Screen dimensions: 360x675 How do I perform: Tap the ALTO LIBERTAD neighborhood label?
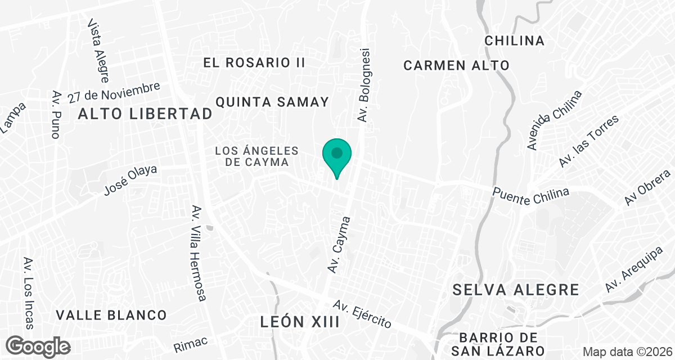145,114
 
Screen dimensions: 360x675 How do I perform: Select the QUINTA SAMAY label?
272,102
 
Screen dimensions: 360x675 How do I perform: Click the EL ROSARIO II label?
254,62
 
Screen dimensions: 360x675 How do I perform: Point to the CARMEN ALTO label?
456,65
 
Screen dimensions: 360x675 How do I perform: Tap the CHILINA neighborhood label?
514,41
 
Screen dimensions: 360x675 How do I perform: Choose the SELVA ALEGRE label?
515,290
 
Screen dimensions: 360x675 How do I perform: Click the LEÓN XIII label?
300,322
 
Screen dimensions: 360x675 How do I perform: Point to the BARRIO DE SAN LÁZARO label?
502,344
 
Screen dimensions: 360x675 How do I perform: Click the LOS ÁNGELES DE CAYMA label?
256,156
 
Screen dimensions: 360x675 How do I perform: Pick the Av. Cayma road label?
340,245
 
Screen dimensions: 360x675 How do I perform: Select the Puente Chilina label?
530,192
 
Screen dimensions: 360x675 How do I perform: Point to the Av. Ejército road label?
362,313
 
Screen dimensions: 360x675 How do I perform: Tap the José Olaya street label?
130,181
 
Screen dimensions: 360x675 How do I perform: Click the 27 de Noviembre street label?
114,93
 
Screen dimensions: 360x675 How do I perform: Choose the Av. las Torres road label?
589,141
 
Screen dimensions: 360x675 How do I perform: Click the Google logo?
39,345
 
